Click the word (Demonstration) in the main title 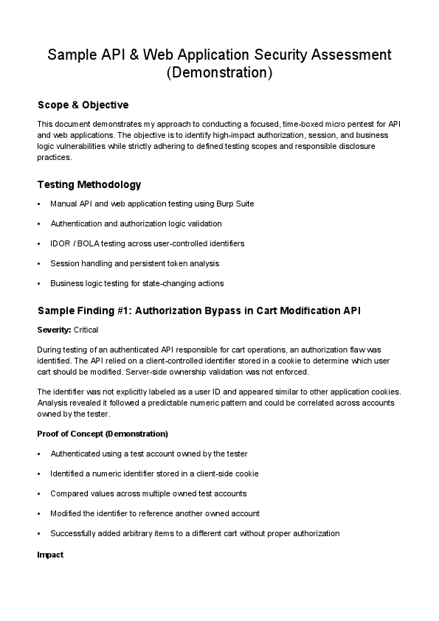pos(219,72)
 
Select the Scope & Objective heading pos(83,105)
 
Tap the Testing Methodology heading pos(89,184)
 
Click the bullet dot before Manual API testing pos(38,204)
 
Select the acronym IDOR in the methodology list pos(60,243)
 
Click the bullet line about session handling pos(134,263)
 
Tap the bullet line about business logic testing pos(136,283)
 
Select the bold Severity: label pos(55,330)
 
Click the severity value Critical pos(86,330)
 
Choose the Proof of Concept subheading pos(102,433)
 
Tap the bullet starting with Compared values pos(148,493)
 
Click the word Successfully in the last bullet pos(72,533)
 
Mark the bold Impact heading pos(50,554)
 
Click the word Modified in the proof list pos(66,513)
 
